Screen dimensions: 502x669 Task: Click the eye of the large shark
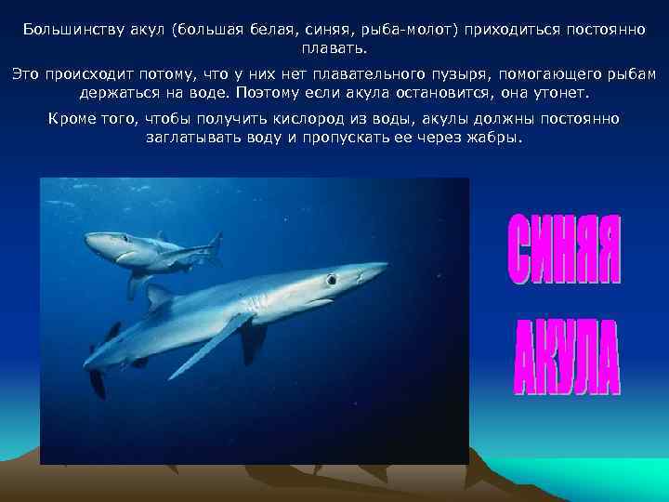point(331,279)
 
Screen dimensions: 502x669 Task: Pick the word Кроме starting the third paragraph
point(72,119)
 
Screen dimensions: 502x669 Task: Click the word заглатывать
point(191,138)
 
